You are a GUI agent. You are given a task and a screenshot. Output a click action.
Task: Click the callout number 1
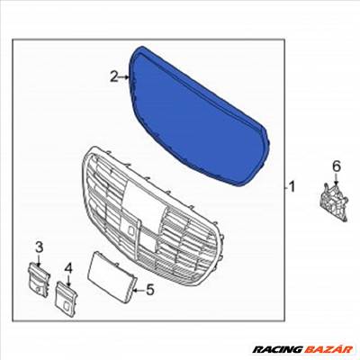[291, 186]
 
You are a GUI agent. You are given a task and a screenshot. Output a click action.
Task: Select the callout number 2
[114, 76]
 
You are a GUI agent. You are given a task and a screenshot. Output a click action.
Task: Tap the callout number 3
[40, 247]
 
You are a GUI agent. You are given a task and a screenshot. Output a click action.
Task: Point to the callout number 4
[69, 268]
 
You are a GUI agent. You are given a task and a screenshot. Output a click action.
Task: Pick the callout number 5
[150, 290]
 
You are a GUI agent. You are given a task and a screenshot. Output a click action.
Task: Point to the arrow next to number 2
[123, 77]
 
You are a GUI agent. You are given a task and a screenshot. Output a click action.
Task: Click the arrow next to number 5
[139, 290]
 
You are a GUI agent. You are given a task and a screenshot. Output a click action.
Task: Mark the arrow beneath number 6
[336, 178]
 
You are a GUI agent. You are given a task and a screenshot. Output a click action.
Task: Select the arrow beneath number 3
[39, 260]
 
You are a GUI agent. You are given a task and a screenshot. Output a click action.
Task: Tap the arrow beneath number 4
[68, 280]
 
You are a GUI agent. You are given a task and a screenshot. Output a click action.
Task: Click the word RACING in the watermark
[276, 349]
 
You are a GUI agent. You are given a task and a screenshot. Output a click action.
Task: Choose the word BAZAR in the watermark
[328, 349]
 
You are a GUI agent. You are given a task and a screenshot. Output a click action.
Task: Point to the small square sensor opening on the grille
[131, 230]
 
